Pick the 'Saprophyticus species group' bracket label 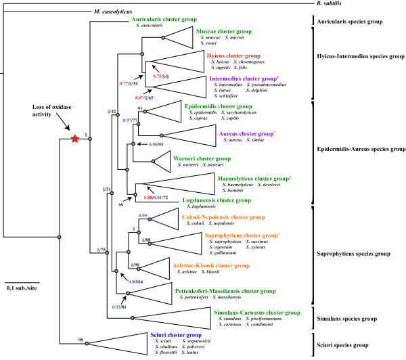pyautogui.click(x=359, y=254)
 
